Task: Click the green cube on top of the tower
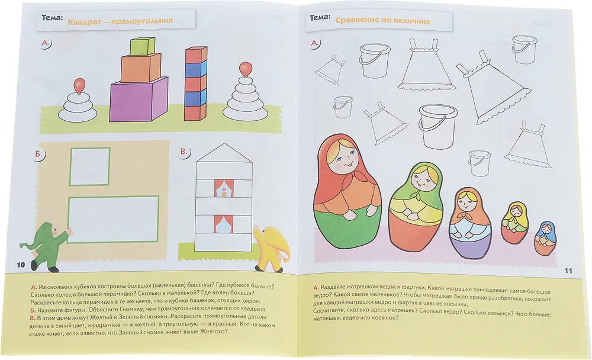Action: tap(142, 46)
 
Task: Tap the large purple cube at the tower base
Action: tap(139, 99)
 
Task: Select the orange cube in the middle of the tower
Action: tap(141, 67)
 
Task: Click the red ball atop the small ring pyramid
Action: tap(79, 85)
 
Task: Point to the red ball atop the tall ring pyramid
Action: tap(246, 69)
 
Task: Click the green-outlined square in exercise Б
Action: tap(89, 167)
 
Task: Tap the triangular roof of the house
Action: tap(224, 153)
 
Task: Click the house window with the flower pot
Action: tap(224, 188)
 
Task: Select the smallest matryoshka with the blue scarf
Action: tap(545, 238)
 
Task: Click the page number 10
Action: tap(21, 265)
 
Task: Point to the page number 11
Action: tap(568, 271)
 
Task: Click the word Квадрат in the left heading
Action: tap(84, 21)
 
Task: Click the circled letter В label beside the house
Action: tap(185, 152)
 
